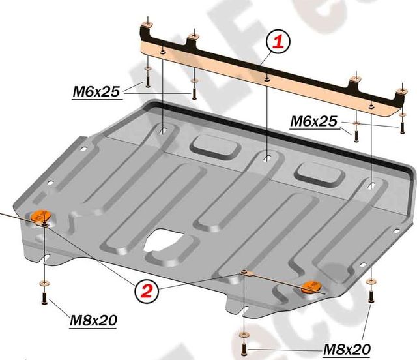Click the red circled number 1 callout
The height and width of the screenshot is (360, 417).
(277, 43)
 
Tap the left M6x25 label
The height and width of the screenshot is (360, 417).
(96, 93)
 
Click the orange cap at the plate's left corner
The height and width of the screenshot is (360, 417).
(41, 216)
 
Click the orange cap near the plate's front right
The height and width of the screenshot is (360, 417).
(312, 286)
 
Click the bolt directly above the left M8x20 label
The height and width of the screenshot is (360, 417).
(45, 299)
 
